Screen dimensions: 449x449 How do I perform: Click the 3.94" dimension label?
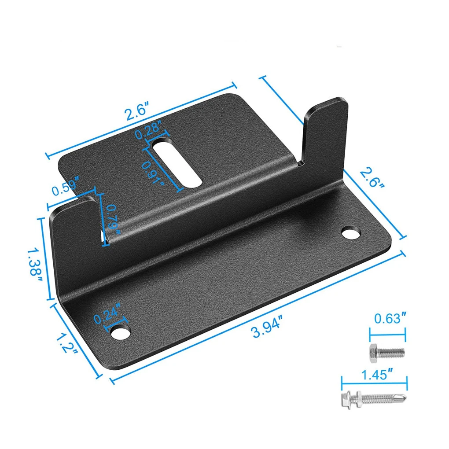267,327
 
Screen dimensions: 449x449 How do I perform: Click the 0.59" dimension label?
65,187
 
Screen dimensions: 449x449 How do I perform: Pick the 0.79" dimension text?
113,219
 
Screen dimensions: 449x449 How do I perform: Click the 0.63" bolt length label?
390,318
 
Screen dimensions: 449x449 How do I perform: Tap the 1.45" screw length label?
377,375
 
